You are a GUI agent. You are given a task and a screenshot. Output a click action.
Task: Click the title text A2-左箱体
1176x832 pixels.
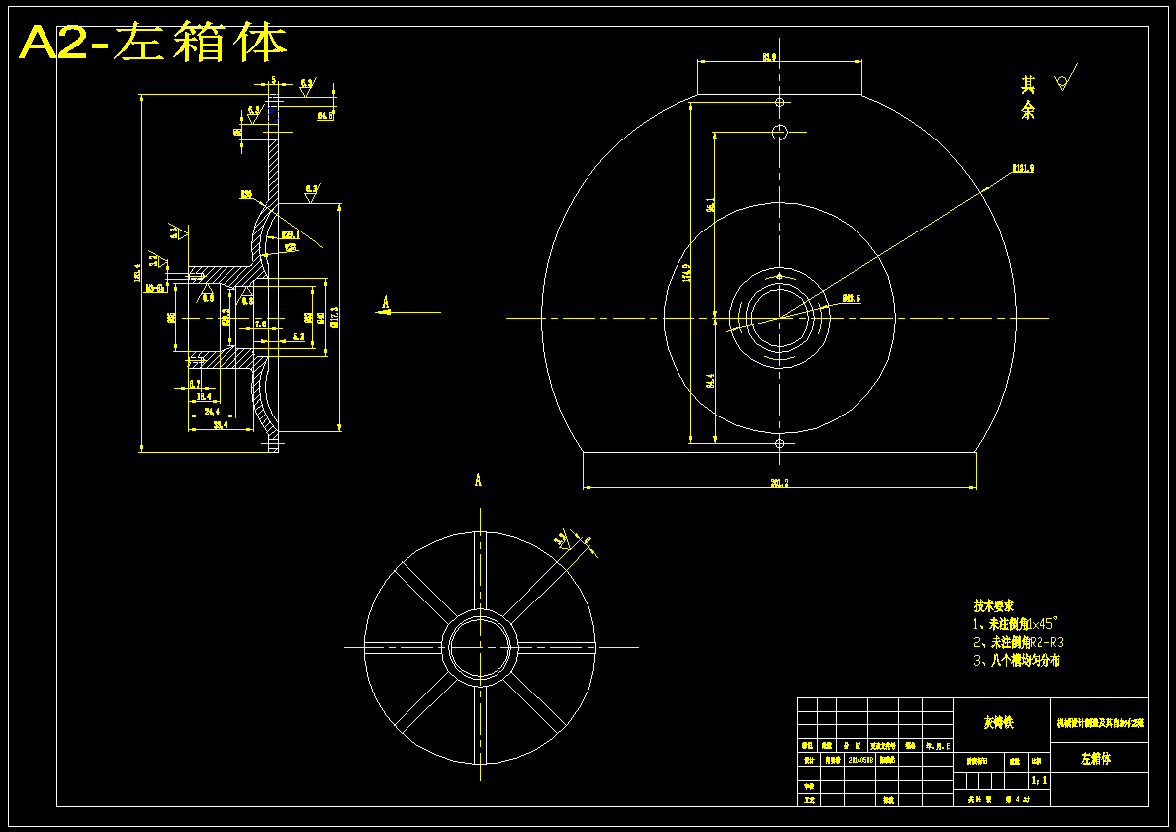tap(153, 43)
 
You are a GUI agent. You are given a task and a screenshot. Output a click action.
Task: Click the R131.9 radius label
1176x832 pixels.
tap(1022, 169)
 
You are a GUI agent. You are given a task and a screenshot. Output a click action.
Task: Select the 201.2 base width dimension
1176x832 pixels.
tap(779, 483)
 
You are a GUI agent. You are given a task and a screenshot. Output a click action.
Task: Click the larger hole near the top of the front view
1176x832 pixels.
tap(779, 133)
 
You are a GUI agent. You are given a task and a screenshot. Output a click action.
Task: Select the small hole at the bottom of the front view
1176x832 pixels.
tap(779, 444)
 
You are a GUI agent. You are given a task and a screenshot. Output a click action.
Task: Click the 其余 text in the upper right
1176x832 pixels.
tap(1028, 98)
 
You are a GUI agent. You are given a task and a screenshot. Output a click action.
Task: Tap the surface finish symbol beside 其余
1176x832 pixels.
tap(1064, 79)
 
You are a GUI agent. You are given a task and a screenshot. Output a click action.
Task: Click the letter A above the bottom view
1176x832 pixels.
tap(478, 481)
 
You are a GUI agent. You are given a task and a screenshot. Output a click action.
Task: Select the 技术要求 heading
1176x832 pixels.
tap(993, 605)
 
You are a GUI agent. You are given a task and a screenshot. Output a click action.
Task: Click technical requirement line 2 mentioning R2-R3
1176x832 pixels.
tap(1019, 642)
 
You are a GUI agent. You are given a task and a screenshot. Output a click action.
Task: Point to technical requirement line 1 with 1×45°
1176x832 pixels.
tap(1016, 624)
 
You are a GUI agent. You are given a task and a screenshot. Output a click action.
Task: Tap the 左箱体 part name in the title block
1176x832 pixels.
tap(1096, 759)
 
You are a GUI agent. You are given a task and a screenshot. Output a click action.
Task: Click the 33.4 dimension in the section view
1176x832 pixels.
tap(221, 425)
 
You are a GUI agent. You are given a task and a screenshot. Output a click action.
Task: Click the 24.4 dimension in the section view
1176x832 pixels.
tap(211, 410)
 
